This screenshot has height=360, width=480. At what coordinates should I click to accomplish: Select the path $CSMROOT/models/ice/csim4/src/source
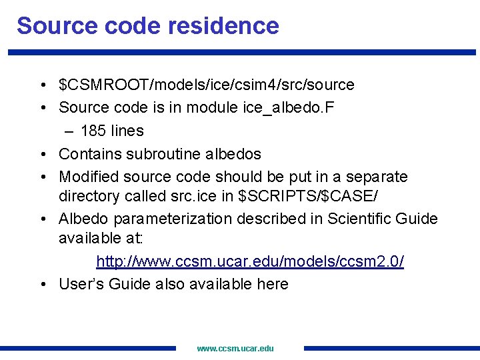(x=207, y=85)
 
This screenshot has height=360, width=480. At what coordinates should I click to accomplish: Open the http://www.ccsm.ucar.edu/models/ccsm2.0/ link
(x=250, y=261)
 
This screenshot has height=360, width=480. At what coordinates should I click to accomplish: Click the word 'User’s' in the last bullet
(x=79, y=284)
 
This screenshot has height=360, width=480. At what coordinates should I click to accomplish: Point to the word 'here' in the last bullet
(x=273, y=284)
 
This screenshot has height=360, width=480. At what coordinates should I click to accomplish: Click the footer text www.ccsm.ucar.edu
(x=235, y=348)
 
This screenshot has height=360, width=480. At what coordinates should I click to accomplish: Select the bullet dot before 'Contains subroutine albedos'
(x=42, y=155)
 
